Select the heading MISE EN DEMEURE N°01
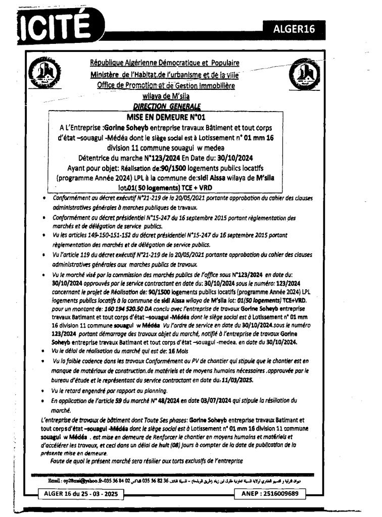click(x=171, y=115)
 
